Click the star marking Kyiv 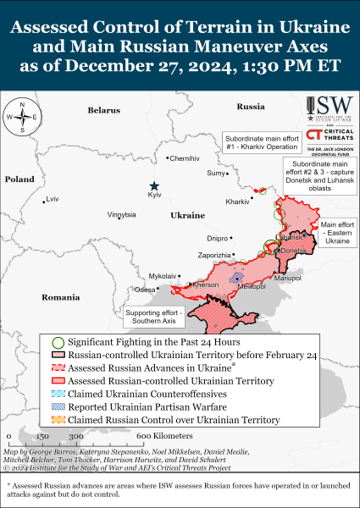[154, 186]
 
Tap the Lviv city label [53, 199]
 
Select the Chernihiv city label [185, 158]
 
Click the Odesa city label [145, 289]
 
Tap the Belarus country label [104, 110]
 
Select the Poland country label [19, 179]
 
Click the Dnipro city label [218, 239]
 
